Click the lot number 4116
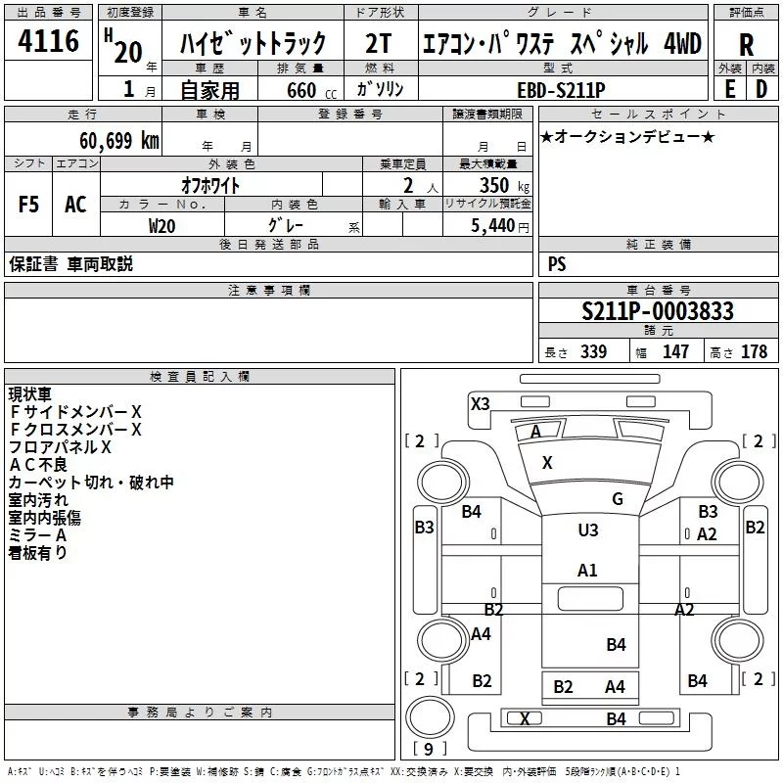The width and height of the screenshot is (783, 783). click(x=49, y=43)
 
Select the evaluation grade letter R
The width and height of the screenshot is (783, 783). click(x=747, y=45)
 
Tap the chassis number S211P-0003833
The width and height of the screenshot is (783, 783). click(x=657, y=311)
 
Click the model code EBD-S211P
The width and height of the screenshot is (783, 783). click(x=562, y=88)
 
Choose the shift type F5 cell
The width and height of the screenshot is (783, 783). click(x=29, y=205)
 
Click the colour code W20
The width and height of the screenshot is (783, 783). click(x=162, y=225)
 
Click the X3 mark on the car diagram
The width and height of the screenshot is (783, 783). click(x=480, y=403)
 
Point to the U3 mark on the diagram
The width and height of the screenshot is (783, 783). click(x=587, y=530)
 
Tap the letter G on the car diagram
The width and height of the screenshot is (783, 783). click(x=617, y=499)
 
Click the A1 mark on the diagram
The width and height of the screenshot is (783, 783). click(x=587, y=570)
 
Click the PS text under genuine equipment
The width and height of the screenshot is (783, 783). click(x=557, y=264)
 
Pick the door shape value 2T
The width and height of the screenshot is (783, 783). click(x=378, y=43)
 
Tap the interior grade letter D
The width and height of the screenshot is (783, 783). click(x=760, y=88)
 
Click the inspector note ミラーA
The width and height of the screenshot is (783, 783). click(x=37, y=535)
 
